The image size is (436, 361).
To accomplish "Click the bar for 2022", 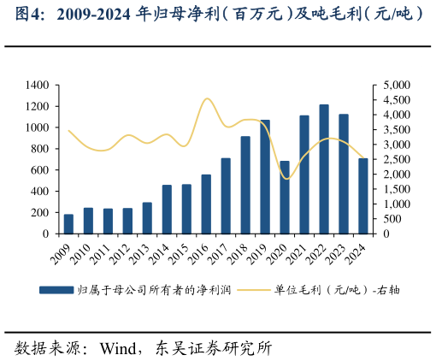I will coord(324,169).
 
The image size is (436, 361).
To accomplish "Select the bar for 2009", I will coord(68,224).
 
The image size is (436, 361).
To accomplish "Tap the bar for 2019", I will coord(265,177).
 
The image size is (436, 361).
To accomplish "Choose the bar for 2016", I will coord(206,204).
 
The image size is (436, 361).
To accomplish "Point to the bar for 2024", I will coord(363,196).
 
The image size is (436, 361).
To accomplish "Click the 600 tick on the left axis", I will coord(41,170).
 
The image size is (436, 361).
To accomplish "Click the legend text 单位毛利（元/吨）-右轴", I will coord(338,290).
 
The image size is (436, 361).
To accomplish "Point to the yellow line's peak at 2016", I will coord(207,98).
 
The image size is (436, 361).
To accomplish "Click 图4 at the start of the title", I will coord(19,15).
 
